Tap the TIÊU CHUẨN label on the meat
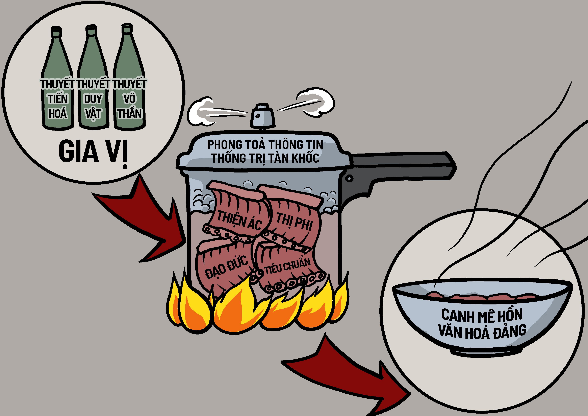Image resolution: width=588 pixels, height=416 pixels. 287,267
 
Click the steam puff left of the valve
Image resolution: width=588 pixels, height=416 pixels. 202,113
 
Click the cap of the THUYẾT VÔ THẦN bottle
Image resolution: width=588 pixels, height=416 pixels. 127,28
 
